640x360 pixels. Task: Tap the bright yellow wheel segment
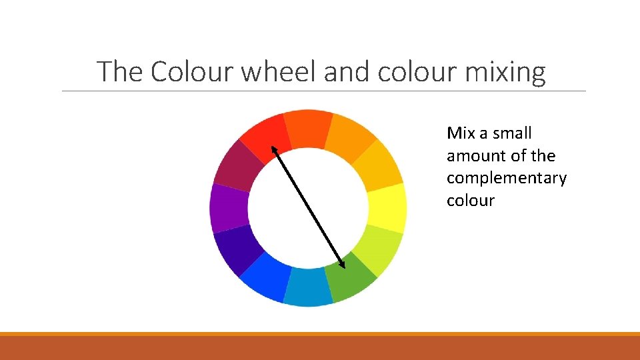click(x=387, y=207)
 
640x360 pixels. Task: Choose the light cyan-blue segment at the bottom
click(x=308, y=287)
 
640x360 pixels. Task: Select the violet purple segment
click(x=229, y=207)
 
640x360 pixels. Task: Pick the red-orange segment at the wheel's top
click(x=307, y=128)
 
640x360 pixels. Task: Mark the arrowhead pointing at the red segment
click(x=273, y=153)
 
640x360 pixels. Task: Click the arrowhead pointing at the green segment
click(x=342, y=262)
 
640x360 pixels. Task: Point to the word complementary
click(x=507, y=179)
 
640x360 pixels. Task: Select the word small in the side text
click(x=511, y=133)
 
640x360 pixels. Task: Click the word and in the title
click(x=347, y=71)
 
